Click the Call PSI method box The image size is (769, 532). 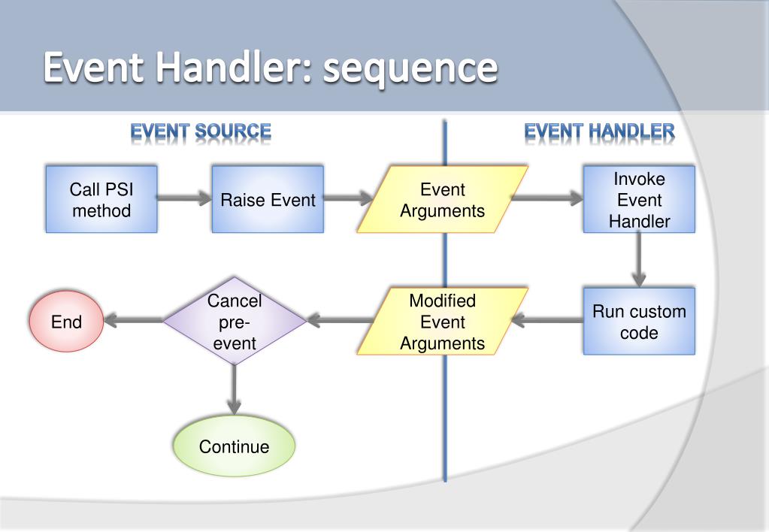(x=101, y=199)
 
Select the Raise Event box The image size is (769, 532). (x=268, y=199)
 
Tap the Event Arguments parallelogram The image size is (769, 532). (x=442, y=199)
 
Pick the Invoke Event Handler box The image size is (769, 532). (x=639, y=199)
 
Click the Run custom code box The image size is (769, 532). (x=639, y=321)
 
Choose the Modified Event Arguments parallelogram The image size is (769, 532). (x=442, y=321)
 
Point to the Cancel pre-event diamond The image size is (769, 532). (x=235, y=321)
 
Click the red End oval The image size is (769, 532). (x=66, y=321)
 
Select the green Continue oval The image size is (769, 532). (x=234, y=446)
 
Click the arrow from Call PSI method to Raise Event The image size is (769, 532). (x=184, y=198)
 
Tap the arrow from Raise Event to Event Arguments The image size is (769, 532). (x=348, y=198)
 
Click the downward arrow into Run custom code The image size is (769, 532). (x=638, y=260)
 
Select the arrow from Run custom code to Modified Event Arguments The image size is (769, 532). (x=547, y=321)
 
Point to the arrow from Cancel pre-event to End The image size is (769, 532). (x=133, y=321)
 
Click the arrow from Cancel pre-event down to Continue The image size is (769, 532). (x=235, y=390)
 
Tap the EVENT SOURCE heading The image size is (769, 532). (x=201, y=131)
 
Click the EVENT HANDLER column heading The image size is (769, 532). (x=600, y=131)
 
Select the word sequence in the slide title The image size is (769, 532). (x=410, y=68)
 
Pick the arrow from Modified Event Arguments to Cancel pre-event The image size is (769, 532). (x=341, y=321)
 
